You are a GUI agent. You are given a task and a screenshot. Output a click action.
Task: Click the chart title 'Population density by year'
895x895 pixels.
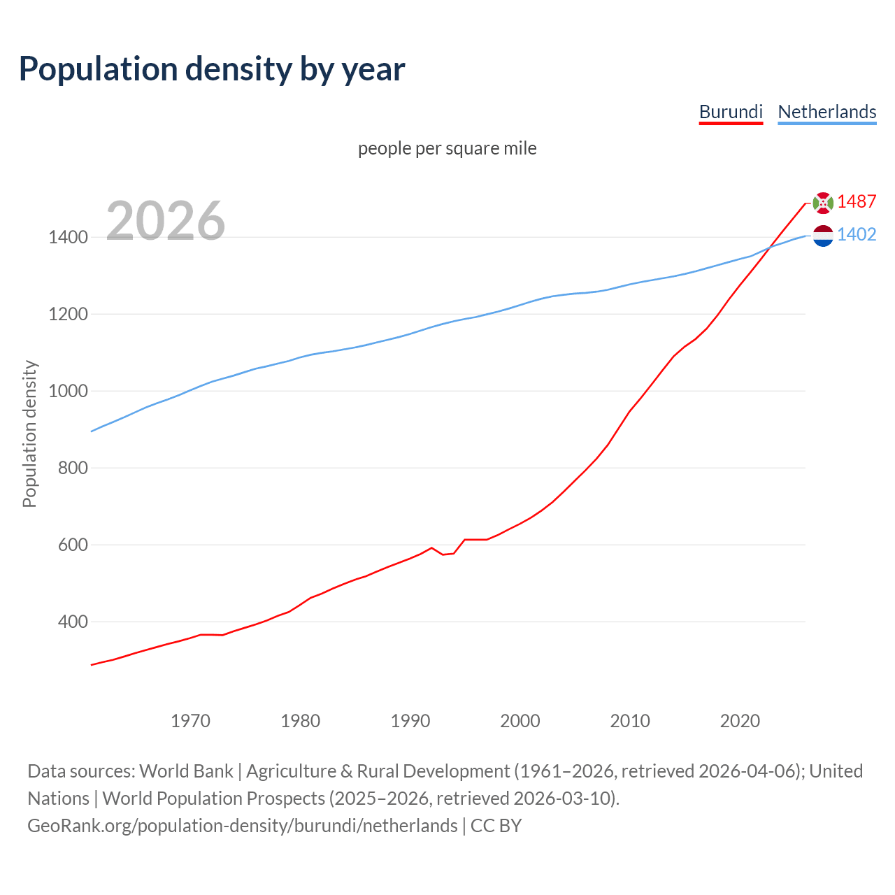tap(212, 69)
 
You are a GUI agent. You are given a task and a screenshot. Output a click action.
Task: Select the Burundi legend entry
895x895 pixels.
tap(731, 112)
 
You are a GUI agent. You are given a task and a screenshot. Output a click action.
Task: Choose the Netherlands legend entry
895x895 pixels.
tap(826, 112)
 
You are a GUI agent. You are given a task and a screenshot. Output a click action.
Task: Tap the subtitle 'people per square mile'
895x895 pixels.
tap(447, 148)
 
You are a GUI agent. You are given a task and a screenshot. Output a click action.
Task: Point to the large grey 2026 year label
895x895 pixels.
tap(166, 221)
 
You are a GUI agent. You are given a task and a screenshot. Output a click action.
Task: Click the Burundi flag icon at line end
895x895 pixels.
tap(823, 203)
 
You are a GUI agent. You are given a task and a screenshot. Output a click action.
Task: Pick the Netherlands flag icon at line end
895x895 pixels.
tap(823, 236)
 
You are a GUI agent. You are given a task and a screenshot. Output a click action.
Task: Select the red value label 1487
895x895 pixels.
tap(857, 201)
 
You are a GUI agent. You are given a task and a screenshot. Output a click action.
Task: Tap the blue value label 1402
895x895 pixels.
tap(857, 234)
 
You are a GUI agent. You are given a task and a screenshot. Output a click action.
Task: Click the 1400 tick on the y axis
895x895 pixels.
tap(68, 238)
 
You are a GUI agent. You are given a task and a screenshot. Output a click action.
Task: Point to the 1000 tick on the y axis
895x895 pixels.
tap(68, 391)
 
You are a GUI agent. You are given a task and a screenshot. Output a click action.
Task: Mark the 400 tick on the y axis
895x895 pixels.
tap(73, 622)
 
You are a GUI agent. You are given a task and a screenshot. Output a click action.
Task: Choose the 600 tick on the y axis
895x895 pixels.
tap(73, 545)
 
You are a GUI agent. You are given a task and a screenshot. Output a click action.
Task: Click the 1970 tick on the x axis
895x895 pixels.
tap(190, 721)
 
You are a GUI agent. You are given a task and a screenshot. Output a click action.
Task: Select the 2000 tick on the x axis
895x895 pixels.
tap(520, 721)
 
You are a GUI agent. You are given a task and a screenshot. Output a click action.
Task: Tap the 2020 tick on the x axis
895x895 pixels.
tap(740, 721)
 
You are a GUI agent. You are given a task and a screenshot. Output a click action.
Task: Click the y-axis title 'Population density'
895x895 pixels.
tap(29, 434)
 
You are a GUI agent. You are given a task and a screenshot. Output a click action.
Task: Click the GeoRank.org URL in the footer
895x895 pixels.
tap(242, 826)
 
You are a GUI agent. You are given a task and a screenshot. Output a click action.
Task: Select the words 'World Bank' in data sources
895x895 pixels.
tap(186, 771)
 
